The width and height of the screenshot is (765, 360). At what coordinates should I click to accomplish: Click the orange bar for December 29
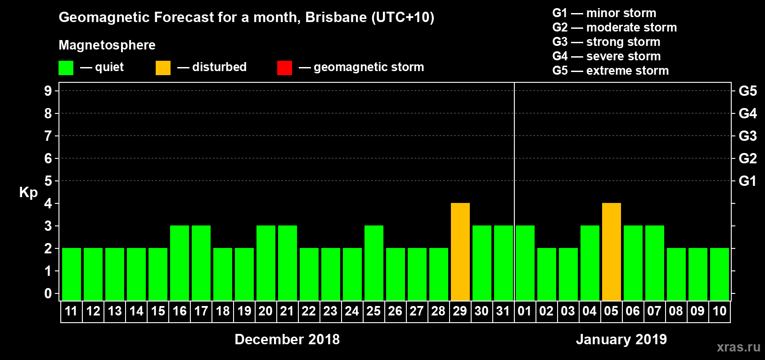460,252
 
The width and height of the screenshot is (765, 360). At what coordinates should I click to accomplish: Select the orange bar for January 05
612,252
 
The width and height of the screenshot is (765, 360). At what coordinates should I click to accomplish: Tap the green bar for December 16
180,263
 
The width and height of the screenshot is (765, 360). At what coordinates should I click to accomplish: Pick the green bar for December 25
374,263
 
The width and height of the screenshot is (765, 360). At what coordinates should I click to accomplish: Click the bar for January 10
720,274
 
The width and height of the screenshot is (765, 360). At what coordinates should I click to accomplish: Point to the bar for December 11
72,274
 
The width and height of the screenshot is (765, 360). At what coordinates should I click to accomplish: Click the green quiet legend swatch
66,68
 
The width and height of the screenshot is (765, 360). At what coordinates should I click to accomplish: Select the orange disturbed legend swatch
163,68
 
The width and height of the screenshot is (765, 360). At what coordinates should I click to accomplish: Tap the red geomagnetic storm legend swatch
284,68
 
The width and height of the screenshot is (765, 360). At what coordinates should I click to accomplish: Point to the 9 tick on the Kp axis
48,91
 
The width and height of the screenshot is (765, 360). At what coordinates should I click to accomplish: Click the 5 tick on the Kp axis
48,181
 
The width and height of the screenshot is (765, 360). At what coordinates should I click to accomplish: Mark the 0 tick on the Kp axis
48,293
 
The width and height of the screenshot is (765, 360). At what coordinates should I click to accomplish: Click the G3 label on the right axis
747,136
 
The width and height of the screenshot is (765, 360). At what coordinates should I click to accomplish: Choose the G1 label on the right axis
747,181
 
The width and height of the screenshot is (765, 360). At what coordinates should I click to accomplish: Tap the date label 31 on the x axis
503,311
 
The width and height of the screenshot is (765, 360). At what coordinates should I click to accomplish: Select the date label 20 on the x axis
265,311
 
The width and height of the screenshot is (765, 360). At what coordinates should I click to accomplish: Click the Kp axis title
28,192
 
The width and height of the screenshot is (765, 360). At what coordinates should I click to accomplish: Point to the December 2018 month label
287,339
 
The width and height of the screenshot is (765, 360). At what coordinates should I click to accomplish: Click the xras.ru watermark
738,346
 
